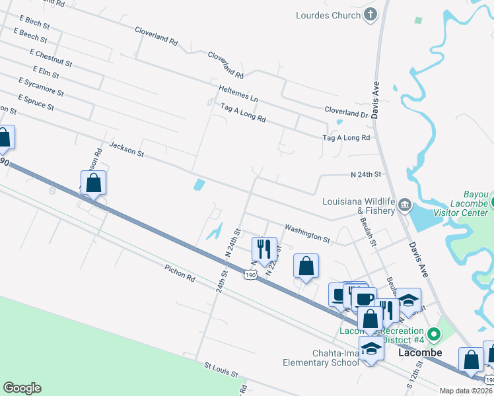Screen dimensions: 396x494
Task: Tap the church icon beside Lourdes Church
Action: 370,14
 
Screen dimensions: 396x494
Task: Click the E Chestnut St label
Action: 51,57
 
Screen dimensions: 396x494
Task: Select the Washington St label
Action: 307,232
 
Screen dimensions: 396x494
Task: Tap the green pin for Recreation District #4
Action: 433,335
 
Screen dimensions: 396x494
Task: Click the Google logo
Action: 22,388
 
